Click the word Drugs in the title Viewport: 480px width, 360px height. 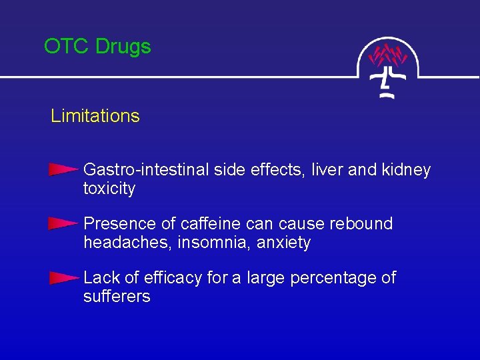123,47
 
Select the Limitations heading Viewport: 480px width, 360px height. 95,116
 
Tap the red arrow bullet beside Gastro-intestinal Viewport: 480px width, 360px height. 64,170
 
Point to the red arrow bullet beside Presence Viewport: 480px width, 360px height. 64,223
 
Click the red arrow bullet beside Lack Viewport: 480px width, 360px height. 64,277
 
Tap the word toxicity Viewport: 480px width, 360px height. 109,189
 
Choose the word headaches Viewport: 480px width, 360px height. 128,243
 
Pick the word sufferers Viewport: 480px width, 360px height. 117,297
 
